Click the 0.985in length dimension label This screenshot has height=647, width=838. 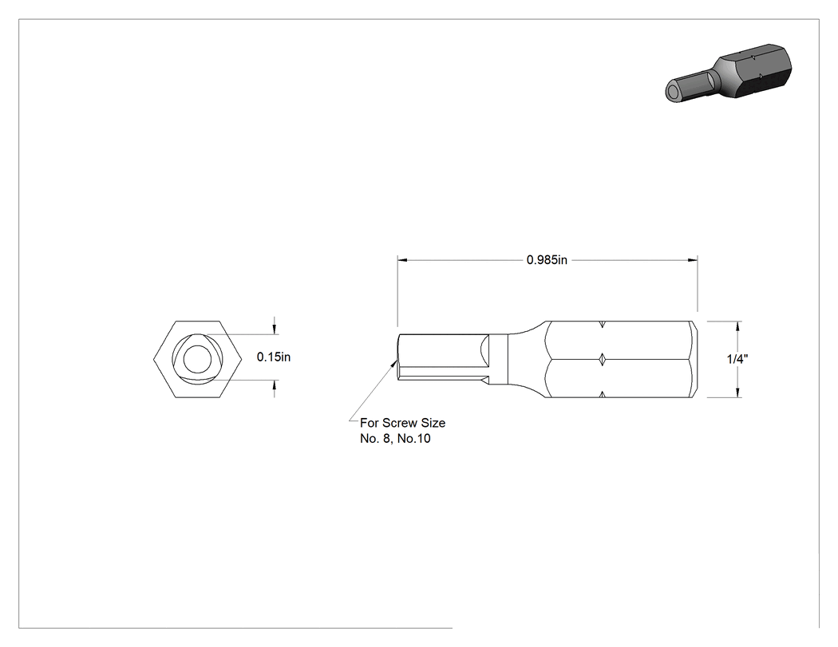[547, 260]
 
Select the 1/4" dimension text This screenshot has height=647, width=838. [737, 359]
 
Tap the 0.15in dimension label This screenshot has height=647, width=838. [274, 357]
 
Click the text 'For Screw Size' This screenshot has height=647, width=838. [402, 423]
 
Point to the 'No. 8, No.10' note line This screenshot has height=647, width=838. [395, 439]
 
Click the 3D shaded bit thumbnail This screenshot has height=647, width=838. [728, 73]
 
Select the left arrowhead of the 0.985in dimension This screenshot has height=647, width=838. [402, 260]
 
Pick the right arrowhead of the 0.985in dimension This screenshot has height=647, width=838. [692, 260]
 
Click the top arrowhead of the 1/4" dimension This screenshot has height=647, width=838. [738, 326]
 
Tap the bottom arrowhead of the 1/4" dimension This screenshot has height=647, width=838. [738, 393]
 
